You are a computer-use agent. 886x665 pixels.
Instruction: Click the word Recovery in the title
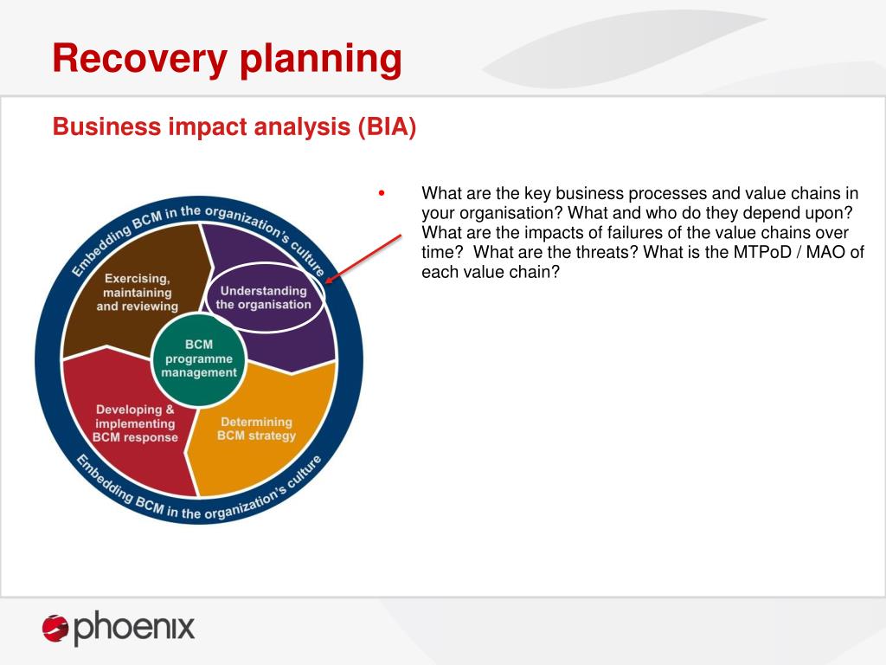(x=139, y=60)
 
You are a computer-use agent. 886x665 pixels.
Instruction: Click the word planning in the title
(x=321, y=60)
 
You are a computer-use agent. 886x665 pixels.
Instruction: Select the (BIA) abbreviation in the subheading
(x=387, y=126)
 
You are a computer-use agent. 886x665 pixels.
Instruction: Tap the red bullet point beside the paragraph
(x=382, y=193)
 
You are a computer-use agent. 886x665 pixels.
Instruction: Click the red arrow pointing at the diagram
(x=364, y=259)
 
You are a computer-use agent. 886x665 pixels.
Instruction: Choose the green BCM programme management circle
(x=199, y=358)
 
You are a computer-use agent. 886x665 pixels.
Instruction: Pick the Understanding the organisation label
(x=263, y=298)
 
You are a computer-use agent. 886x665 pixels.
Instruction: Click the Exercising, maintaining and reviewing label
(x=138, y=293)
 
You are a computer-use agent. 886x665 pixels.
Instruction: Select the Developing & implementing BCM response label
(x=135, y=423)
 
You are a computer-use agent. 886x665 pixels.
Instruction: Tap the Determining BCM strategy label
(x=256, y=429)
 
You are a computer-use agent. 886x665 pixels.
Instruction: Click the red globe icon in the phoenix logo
(x=55, y=628)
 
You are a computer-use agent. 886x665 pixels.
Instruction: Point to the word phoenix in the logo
(x=134, y=627)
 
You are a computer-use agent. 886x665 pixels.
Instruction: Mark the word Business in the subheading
(x=106, y=126)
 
